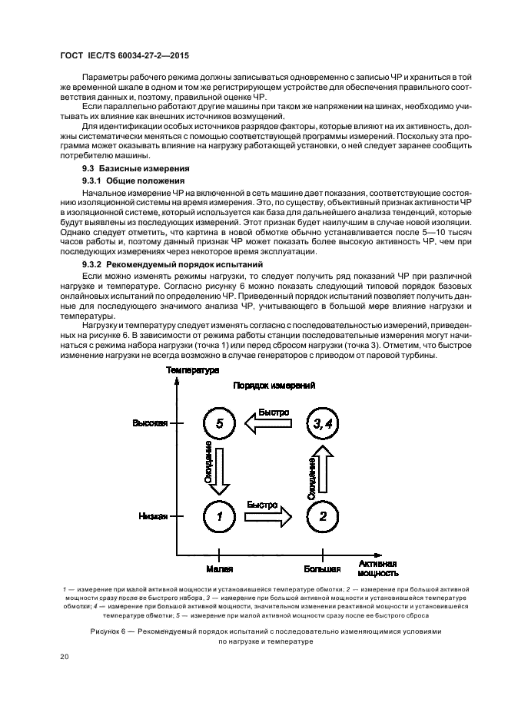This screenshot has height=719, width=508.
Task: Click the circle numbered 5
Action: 220,423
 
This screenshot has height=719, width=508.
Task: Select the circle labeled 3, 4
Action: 322,423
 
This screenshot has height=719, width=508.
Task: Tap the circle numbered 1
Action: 220,516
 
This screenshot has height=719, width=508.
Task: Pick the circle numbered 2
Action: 322,516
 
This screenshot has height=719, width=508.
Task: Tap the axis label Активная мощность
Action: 377,568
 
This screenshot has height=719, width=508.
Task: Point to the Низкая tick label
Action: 153,516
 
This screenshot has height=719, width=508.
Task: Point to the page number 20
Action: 65,658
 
